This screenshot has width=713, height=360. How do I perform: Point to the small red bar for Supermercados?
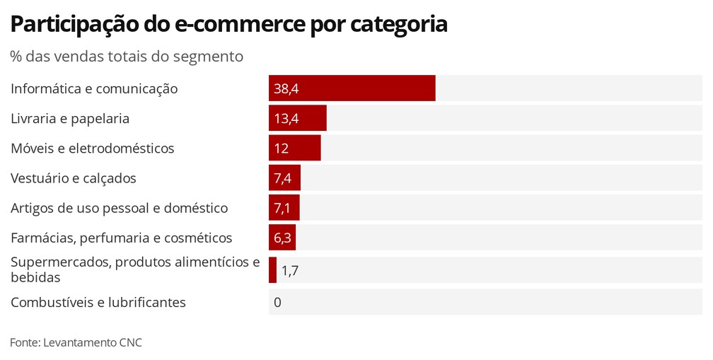pos(272,270)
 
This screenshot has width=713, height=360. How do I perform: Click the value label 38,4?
pos(286,89)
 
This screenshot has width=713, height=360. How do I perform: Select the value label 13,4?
pos(286,119)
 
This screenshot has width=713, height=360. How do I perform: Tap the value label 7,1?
pos(283,208)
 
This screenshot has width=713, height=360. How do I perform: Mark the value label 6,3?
pos(282,238)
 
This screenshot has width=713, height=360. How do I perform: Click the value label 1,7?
pos(289,270)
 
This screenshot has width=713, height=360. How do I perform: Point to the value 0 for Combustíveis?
pos(277,303)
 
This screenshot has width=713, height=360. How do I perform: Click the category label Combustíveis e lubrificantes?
pos(98,303)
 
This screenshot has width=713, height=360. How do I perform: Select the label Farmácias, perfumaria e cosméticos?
pos(121,238)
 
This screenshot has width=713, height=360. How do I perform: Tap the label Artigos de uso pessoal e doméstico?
pos(119,208)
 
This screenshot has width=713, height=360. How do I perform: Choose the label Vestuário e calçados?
pos(73,178)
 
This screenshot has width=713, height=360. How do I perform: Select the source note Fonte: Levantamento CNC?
pos(76,342)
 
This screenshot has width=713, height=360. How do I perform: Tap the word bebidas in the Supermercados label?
pos(35,277)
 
